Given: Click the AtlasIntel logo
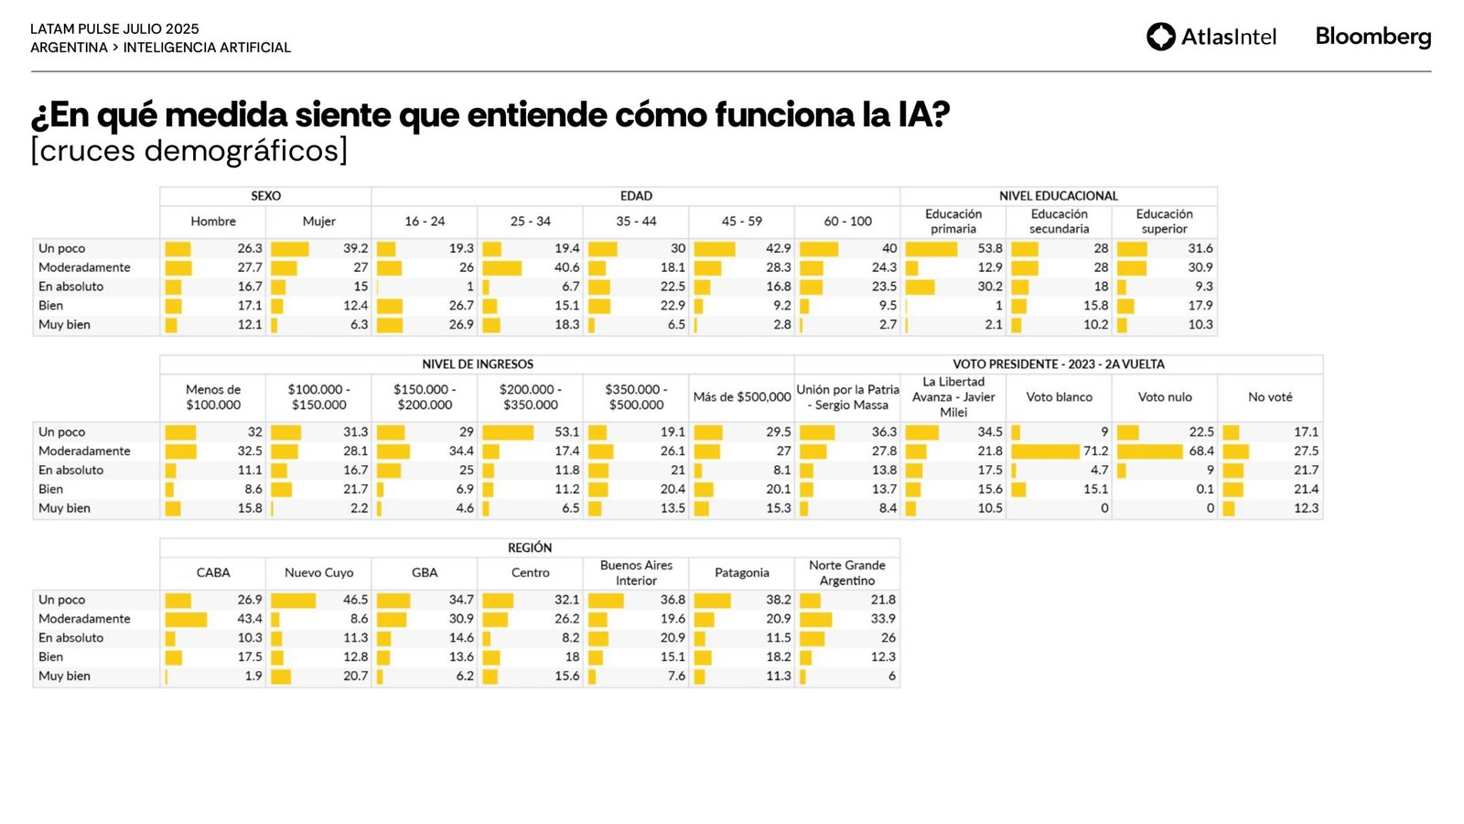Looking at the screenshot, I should (x=1211, y=37).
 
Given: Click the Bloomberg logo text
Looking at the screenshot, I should (x=1372, y=37).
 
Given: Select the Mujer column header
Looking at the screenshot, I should (x=318, y=222).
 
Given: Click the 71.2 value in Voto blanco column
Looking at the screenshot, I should (x=1095, y=451).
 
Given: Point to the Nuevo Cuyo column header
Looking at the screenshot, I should (x=318, y=573).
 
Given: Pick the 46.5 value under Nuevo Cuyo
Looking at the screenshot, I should (x=355, y=600).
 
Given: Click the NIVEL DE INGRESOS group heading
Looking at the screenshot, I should (x=477, y=364).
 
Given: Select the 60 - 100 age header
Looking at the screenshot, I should (x=847, y=222).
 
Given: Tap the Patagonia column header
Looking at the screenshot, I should (x=741, y=573).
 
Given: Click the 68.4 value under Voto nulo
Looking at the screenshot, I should (x=1201, y=451).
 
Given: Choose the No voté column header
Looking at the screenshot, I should (x=1270, y=397).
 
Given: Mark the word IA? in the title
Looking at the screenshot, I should (x=923, y=115).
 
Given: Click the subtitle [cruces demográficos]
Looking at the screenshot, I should (x=189, y=151).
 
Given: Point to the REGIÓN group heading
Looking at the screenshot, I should (x=530, y=548).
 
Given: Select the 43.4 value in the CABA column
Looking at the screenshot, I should (x=250, y=619).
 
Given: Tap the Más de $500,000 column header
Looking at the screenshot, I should (x=741, y=397).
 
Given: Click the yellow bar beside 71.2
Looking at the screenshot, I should (x=1045, y=451).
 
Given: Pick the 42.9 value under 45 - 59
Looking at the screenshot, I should (x=778, y=248).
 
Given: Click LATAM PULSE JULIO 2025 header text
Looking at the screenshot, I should (x=114, y=29).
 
